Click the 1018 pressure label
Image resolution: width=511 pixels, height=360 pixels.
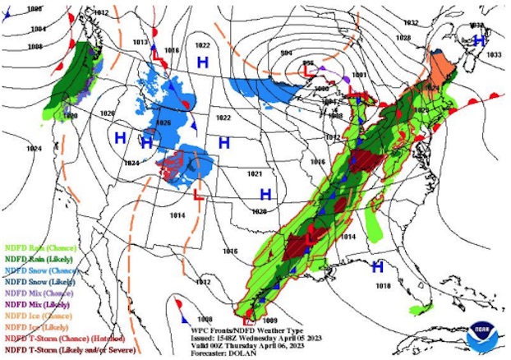[383, 285]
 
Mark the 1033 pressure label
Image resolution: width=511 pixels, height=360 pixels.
[493, 54]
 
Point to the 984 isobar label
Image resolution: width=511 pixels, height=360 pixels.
[286, 53]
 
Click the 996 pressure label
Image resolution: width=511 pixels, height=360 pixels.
[308, 62]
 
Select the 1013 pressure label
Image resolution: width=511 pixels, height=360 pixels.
[140, 42]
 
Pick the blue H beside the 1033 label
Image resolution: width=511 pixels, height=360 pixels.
[480, 39]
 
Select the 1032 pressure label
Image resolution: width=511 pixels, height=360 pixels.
[412, 23]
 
